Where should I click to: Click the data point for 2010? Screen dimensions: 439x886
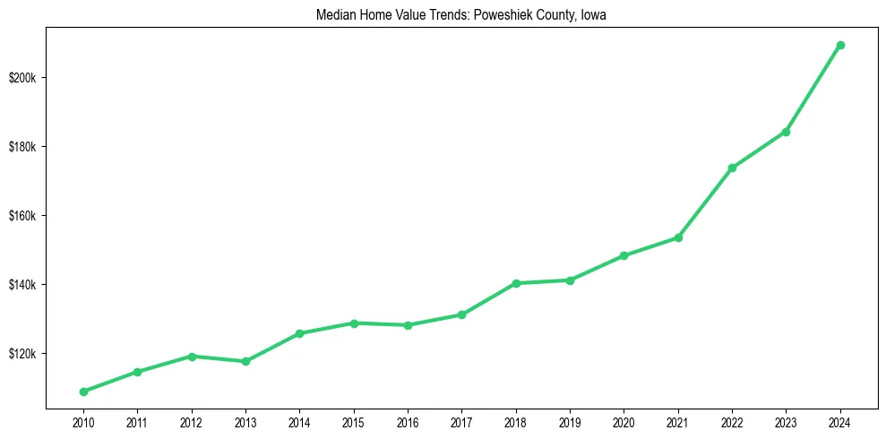point(83,392)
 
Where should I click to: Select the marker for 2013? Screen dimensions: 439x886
point(245,361)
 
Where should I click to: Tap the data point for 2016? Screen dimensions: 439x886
point(408,325)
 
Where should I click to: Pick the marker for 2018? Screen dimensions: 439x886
point(516,283)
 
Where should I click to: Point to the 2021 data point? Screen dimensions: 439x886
point(678,237)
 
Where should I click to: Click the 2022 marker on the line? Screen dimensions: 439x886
point(732,168)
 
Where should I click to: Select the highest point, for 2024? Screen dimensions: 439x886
point(840,45)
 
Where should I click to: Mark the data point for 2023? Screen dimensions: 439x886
point(786,132)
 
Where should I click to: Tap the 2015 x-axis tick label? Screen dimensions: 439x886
point(354,422)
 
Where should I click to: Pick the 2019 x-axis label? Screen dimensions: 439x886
point(570,422)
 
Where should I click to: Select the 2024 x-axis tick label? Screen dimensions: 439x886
point(840,422)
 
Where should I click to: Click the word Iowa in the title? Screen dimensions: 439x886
point(594,15)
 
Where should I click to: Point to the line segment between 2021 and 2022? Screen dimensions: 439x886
point(705,202)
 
